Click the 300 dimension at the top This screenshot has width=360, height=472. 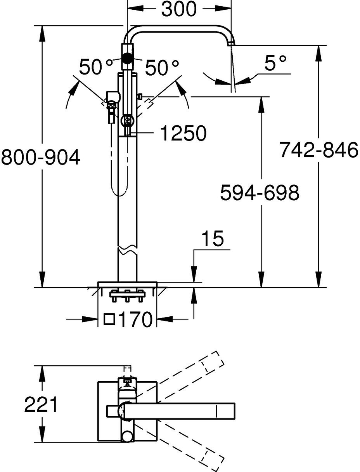pos(179,9)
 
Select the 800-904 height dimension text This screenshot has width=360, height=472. pos(41,158)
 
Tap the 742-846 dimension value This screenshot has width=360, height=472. pos(318,150)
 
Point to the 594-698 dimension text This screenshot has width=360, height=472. pos(260,193)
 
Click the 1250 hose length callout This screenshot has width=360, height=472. pos(183,134)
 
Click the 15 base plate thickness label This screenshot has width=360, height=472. pos(212,239)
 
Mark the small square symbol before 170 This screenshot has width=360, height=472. pos(110,319)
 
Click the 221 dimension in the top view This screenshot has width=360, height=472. pos(41,405)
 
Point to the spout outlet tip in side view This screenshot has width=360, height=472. pos(231,43)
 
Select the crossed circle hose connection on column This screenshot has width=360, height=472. pos(127,121)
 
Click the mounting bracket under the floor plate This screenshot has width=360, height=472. pos(127,295)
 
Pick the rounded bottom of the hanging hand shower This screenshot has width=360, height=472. pos(119,192)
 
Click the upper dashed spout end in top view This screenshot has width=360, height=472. pos(212,362)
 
